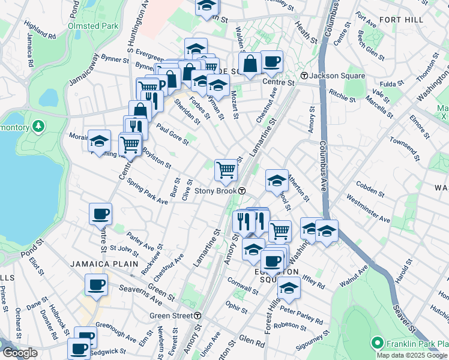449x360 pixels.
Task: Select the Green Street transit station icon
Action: pyautogui.click(x=197, y=316)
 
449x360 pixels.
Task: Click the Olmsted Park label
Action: pyautogui.click(x=93, y=26)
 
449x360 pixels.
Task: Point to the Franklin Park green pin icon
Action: pyautogui.click(x=377, y=343)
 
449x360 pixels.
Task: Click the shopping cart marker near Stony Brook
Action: pyautogui.click(x=226, y=170)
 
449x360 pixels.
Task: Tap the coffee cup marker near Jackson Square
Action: pyautogui.click(x=272, y=61)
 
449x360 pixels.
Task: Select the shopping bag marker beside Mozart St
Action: pyautogui.click(x=250, y=63)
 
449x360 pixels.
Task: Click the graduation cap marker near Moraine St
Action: pyautogui.click(x=100, y=141)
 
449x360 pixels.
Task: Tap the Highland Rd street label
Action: pyautogui.click(x=41, y=31)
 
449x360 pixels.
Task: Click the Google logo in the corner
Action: pyautogui.click(x=20, y=353)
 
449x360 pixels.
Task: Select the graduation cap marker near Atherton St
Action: pyautogui.click(x=277, y=179)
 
